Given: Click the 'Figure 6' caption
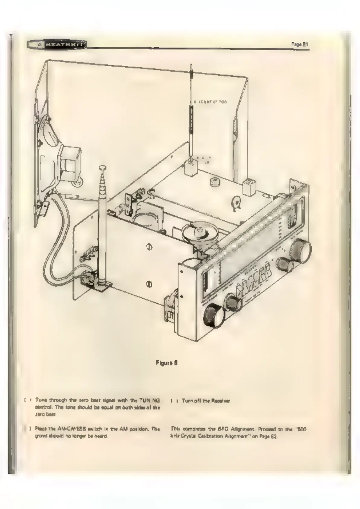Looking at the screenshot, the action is (x=166, y=363).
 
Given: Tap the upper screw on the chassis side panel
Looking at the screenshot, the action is (x=149, y=247).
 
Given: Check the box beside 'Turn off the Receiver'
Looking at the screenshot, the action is (x=173, y=401).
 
